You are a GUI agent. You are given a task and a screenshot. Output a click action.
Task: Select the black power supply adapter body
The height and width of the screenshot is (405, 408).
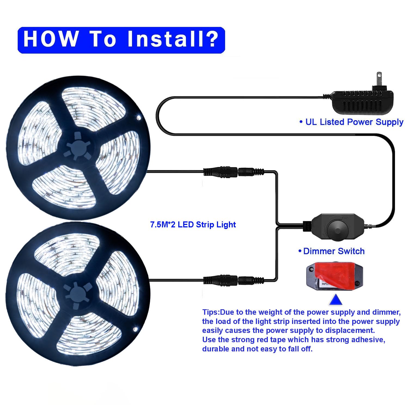362,102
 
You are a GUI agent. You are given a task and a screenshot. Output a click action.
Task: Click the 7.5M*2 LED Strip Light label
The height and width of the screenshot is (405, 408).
193,225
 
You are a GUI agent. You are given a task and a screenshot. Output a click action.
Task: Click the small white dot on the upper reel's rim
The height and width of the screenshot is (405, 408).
139,118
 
